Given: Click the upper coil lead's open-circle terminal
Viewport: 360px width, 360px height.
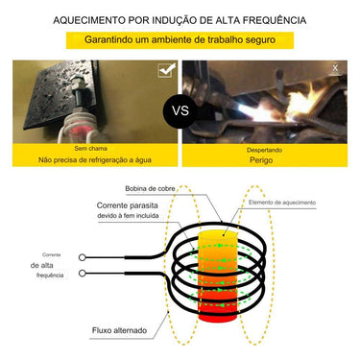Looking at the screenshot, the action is click(x=84, y=256).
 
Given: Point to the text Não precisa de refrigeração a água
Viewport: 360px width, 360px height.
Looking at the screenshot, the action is click(x=94, y=160).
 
